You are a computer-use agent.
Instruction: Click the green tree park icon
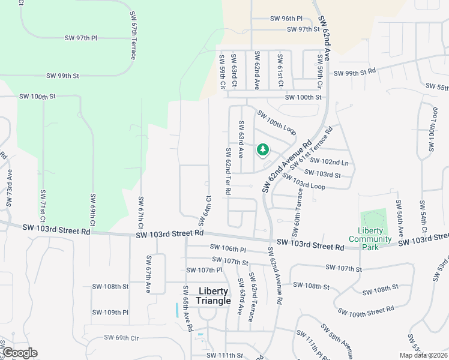pos(262,149)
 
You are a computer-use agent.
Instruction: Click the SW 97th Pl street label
pos(81,38)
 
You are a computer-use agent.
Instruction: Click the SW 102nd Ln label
pos(335,162)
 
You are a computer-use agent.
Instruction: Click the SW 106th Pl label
pos(228,248)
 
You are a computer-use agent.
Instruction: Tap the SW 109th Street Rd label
pos(366,310)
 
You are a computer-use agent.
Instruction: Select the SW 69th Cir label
pos(121,338)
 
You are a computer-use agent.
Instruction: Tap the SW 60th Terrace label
pos(298,217)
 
